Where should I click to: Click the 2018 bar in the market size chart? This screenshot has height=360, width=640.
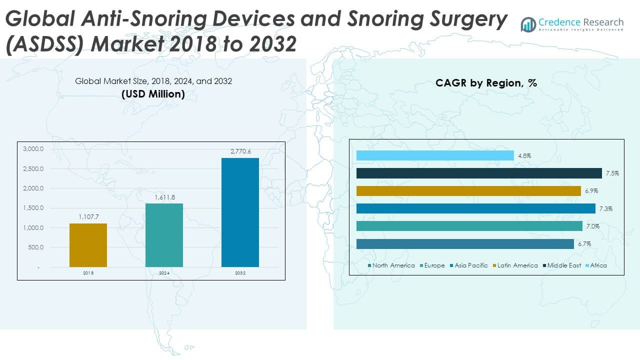pyautogui.click(x=88, y=245)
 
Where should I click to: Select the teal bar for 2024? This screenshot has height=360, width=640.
pyautogui.click(x=164, y=235)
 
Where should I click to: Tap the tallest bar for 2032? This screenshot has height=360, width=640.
pyautogui.click(x=240, y=212)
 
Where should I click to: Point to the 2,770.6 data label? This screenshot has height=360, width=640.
pyautogui.click(x=240, y=151)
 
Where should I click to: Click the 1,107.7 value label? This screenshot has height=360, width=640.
pyautogui.click(x=88, y=217)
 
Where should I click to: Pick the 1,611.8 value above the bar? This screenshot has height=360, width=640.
pyautogui.click(x=164, y=197)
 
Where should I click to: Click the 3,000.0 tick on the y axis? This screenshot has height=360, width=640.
pyautogui.click(x=33, y=149)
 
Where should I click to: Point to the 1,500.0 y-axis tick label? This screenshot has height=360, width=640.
pyautogui.click(x=33, y=208)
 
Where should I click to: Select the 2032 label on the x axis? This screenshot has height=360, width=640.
pyautogui.click(x=240, y=273)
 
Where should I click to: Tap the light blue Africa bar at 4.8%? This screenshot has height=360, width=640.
pyautogui.click(x=435, y=156)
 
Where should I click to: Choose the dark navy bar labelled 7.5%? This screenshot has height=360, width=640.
pyautogui.click(x=479, y=173)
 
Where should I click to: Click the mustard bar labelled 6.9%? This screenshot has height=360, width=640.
pyautogui.click(x=468, y=191)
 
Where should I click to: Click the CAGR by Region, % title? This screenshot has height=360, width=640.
pyautogui.click(x=486, y=83)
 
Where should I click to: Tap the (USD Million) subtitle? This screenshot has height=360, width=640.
pyautogui.click(x=153, y=94)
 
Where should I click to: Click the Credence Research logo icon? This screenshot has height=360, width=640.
pyautogui.click(x=528, y=24)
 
